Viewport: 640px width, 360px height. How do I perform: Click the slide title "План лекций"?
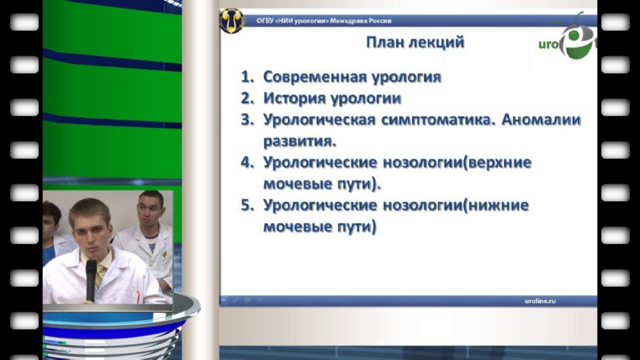tap(415, 42)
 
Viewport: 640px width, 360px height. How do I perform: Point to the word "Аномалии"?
tap(541, 119)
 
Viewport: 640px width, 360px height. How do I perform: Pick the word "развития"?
tap(299, 141)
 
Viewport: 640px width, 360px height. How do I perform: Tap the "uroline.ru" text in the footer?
tap(540, 301)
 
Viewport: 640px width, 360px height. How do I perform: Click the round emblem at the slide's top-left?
tap(232, 21)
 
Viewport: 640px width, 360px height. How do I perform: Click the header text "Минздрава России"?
tap(361, 21)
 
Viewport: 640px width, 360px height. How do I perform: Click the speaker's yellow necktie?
tap(100, 272)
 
